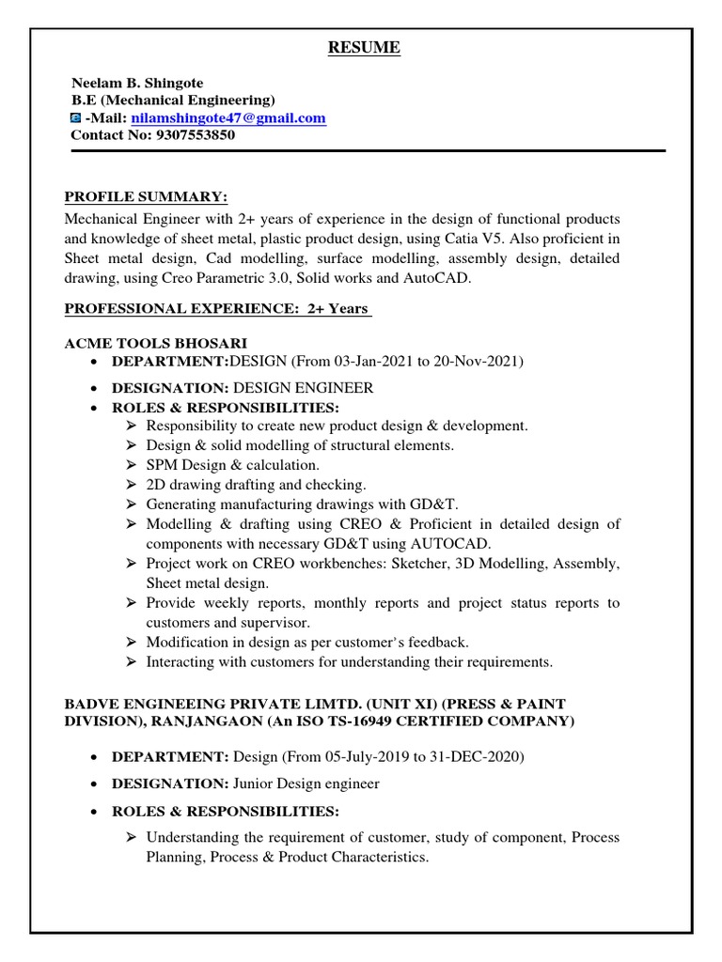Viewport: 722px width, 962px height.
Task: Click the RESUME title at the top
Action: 364,48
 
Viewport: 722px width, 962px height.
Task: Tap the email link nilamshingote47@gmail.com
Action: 228,117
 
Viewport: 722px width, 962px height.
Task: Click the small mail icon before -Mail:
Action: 76,118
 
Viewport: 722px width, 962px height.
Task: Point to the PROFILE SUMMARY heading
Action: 146,196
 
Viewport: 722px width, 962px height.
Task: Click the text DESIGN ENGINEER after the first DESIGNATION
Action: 303,388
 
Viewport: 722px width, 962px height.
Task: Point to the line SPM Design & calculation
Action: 232,465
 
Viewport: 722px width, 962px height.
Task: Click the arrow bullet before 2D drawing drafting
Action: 131,485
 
